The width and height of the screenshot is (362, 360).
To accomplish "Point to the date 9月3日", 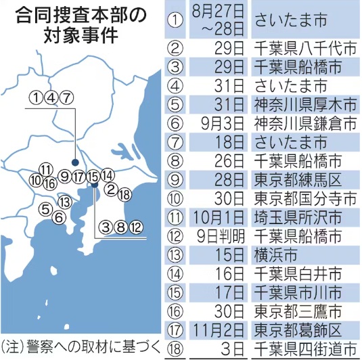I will click(219, 124).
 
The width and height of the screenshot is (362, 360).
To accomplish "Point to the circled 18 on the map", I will click(124, 195).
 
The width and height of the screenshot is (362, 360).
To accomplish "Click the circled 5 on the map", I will click(45, 208).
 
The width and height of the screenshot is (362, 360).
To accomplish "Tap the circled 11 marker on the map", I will click(45, 169).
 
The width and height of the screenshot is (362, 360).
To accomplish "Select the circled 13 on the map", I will click(65, 202).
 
